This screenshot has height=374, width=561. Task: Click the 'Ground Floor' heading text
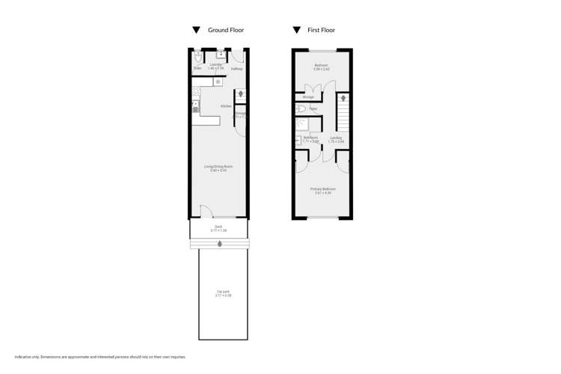tap(226, 31)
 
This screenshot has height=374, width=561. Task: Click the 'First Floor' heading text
tap(322, 31)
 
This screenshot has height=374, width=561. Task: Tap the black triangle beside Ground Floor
tap(197, 31)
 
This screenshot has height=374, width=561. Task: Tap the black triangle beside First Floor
tap(297, 31)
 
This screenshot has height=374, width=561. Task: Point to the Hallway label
tap(236, 69)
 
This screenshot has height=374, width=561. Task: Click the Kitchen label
tap(226, 106)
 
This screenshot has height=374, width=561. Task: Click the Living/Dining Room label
tap(218, 168)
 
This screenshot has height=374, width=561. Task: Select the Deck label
tap(218, 227)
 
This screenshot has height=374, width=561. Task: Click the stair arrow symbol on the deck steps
tap(219, 244)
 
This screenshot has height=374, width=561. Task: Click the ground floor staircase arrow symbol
tap(240, 94)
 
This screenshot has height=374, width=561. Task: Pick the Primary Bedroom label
tap(323, 190)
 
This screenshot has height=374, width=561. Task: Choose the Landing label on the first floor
tap(337, 138)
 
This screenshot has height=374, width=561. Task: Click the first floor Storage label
tap(308, 97)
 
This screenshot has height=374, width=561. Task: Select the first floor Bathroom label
tap(310, 138)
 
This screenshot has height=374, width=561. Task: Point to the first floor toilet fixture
tap(301, 109)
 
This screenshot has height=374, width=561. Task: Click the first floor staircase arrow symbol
tap(343, 98)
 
